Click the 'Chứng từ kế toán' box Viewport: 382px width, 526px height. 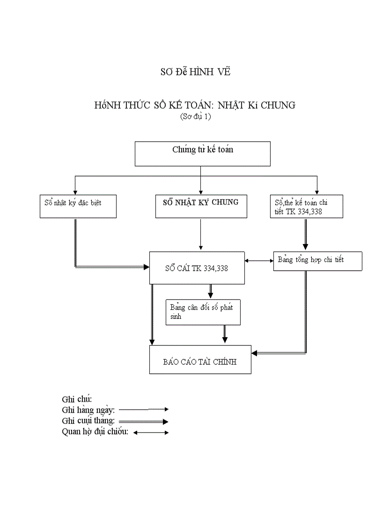point(202,154)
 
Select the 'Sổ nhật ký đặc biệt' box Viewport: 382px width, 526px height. point(78,206)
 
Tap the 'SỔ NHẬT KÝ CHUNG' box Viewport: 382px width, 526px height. point(201,206)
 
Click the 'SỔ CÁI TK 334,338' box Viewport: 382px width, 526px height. point(197,268)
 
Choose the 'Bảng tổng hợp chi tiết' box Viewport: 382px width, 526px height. point(317,261)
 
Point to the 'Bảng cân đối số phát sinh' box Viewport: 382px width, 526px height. point(203,312)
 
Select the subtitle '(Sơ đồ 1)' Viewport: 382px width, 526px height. point(195,117)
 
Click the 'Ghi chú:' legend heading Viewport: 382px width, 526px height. point(77,399)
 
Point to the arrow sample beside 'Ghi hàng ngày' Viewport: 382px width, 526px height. point(143,409)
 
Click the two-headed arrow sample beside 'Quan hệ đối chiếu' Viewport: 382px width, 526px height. point(151,432)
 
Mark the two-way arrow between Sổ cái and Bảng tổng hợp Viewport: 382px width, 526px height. point(259,261)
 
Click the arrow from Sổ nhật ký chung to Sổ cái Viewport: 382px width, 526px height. point(200,234)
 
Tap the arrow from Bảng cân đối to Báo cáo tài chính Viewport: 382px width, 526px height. point(225,334)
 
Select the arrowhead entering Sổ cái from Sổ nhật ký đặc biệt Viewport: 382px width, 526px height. point(146,267)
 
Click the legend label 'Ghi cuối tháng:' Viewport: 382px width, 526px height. point(88,421)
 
